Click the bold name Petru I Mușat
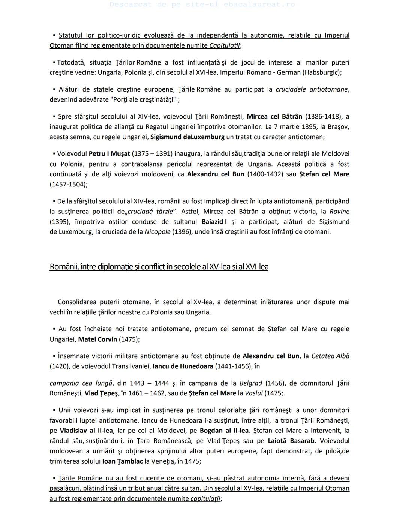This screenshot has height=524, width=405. click(109, 154)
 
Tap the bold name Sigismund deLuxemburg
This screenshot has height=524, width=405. click(187, 137)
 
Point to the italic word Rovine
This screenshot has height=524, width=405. click(339, 212)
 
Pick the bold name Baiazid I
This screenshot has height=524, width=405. click(214, 222)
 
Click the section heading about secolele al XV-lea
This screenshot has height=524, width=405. click(159, 267)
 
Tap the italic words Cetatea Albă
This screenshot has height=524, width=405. click(330, 356)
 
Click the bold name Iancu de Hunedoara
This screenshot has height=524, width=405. click(183, 366)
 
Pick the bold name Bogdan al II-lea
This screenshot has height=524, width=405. click(224, 431)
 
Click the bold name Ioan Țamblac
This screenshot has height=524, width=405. click(122, 461)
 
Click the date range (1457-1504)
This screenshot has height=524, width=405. click(68, 185)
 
